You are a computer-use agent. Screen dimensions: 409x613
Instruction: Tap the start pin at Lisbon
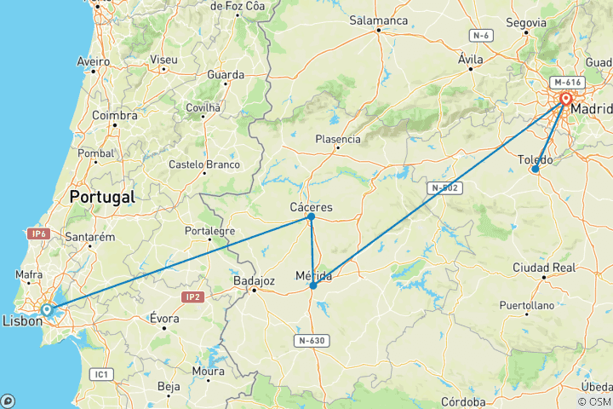(47, 310)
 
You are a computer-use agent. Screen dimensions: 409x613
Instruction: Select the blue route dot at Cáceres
(312, 216)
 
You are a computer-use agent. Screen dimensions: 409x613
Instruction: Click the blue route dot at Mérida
(313, 285)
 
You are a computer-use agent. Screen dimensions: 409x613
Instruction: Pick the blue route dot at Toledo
(535, 169)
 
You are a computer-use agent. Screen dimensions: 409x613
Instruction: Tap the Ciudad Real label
(543, 268)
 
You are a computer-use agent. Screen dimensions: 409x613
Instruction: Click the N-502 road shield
(445, 188)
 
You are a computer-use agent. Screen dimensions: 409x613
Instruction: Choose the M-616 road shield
(566, 83)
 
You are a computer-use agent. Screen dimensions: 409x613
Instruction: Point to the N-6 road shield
(481, 35)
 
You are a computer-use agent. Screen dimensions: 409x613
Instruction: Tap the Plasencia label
(338, 139)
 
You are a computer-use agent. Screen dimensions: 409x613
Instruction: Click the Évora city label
(164, 319)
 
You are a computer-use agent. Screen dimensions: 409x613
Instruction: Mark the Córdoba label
(464, 401)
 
